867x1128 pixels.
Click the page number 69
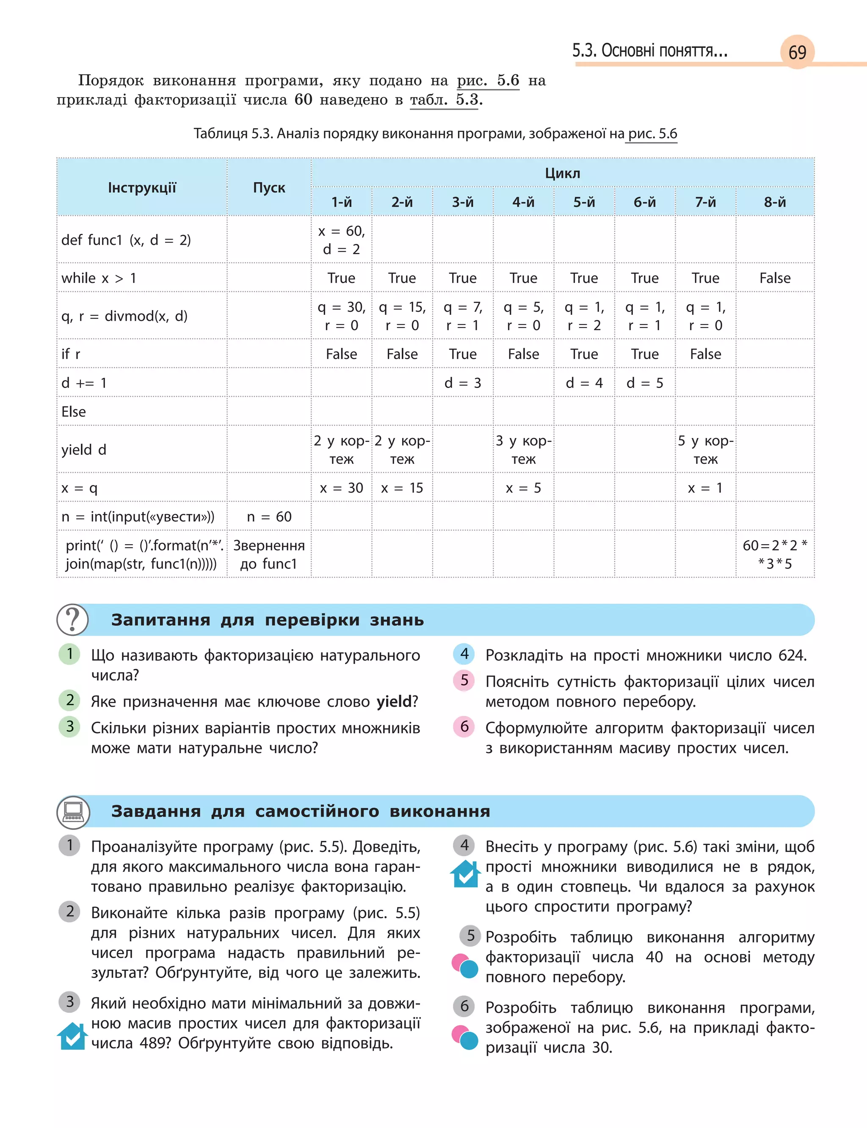pyautogui.click(x=797, y=52)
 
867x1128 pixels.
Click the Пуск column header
pyautogui.click(x=269, y=187)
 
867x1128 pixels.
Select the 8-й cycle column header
pyautogui.click(x=775, y=202)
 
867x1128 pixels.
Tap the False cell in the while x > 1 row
pyautogui.click(x=775, y=278)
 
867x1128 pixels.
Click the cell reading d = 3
pyautogui.click(x=462, y=382)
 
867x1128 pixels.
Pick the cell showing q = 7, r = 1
pyautogui.click(x=462, y=316)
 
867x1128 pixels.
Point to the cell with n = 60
pyautogui.click(x=269, y=516)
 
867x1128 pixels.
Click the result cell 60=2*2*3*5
pyautogui.click(x=775, y=554)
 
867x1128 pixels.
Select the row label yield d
pyautogui.click(x=83, y=449)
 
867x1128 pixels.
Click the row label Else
pyautogui.click(x=74, y=411)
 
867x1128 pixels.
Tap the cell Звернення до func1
pyautogui.click(x=269, y=554)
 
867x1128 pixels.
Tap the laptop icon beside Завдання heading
pyautogui.click(x=73, y=811)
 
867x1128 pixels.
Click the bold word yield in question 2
pyautogui.click(x=394, y=701)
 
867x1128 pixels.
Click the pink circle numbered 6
pyautogui.click(x=464, y=726)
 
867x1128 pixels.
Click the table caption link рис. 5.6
pyautogui.click(x=652, y=134)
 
